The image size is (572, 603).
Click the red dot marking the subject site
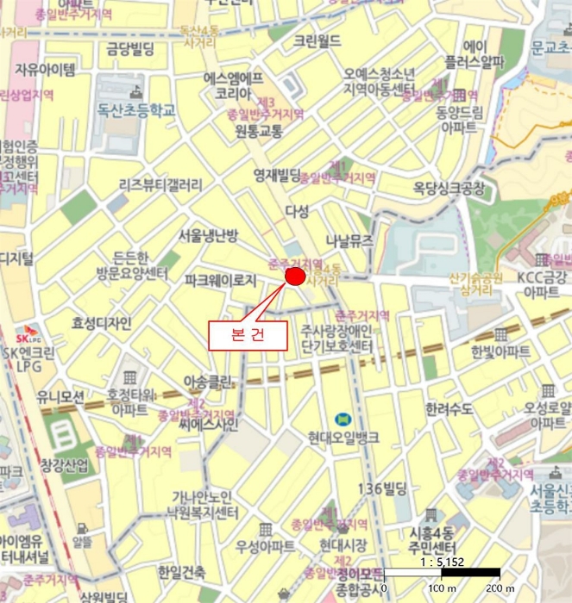click(296, 277)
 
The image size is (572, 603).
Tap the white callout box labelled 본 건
click(248, 334)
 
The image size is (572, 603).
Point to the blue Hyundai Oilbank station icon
click(343, 418)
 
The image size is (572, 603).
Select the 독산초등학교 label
click(136, 110)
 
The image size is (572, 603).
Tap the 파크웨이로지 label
click(221, 280)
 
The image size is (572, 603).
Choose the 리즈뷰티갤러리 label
click(160, 184)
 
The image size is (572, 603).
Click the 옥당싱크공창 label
click(449, 189)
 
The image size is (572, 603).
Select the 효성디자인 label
click(102, 323)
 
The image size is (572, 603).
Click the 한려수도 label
click(449, 408)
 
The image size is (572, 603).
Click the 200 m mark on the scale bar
click(500, 587)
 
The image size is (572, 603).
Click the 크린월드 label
click(317, 41)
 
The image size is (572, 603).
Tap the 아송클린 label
click(208, 380)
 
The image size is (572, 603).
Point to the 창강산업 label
click(64, 466)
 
